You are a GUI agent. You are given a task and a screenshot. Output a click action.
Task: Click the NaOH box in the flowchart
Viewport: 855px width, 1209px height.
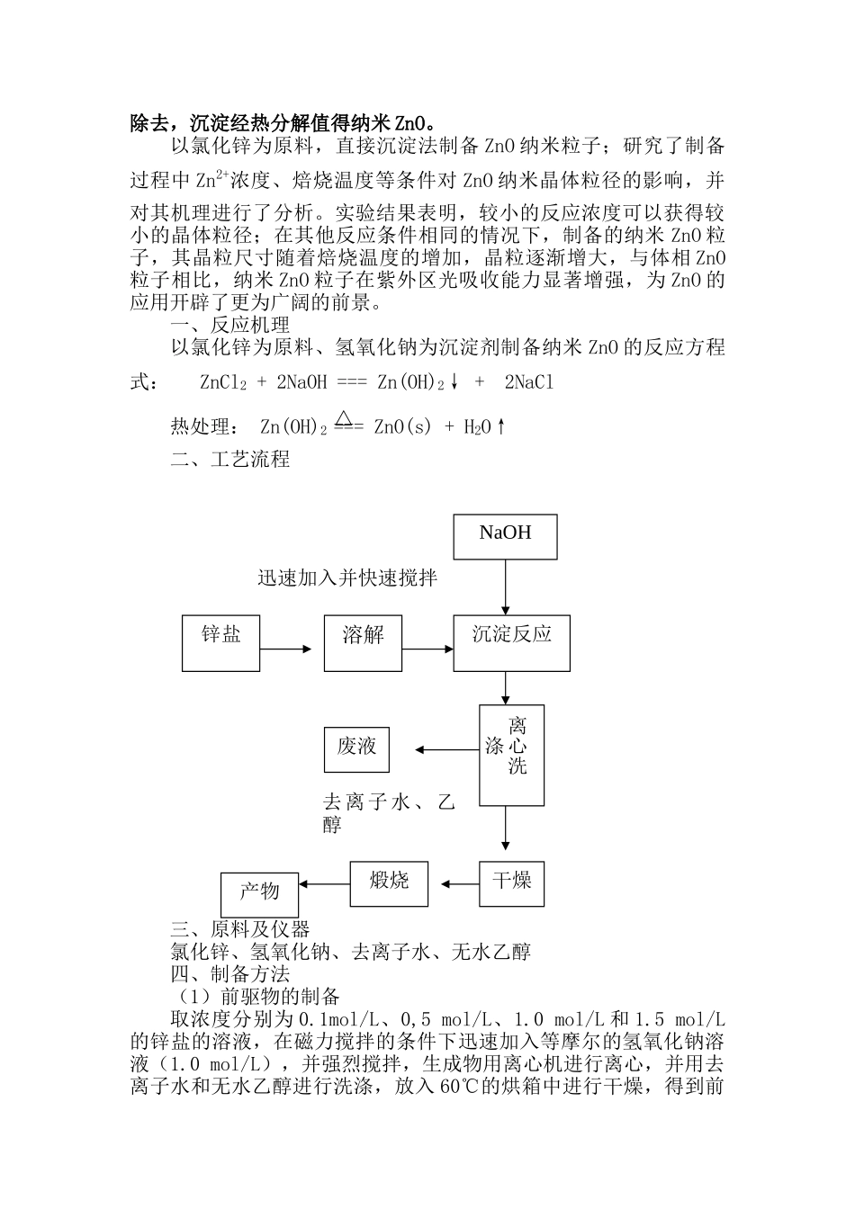(505, 536)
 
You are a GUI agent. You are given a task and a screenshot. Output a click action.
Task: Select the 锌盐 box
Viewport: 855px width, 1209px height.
(220, 642)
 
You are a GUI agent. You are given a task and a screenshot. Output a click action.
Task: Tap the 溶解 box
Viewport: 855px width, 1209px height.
(363, 642)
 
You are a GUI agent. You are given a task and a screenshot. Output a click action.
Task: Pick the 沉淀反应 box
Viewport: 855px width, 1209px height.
(511, 642)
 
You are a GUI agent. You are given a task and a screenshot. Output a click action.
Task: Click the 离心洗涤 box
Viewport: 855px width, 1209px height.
(511, 754)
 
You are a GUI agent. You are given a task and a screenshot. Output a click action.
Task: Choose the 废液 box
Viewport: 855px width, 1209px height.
(356, 748)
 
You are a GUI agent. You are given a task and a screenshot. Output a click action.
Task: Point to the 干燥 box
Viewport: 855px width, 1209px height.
(511, 883)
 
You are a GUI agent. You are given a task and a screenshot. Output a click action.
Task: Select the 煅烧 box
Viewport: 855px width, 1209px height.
(389, 883)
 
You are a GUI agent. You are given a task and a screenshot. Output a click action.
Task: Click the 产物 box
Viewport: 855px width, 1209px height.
(259, 894)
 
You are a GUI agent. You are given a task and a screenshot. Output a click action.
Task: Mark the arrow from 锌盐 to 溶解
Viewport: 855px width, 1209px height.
(285, 649)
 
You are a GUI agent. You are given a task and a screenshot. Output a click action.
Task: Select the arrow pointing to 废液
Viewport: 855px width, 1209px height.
(445, 750)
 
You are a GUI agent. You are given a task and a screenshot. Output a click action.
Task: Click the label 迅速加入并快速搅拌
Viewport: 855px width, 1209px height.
(347, 578)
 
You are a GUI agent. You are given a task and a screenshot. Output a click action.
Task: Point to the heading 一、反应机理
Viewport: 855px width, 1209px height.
(229, 325)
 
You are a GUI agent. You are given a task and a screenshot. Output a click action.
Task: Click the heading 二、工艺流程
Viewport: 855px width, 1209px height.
(229, 460)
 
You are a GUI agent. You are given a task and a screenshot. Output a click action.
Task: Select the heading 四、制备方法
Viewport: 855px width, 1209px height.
(229, 973)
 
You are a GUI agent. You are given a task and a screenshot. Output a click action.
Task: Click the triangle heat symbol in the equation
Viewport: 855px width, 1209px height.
(342, 417)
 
